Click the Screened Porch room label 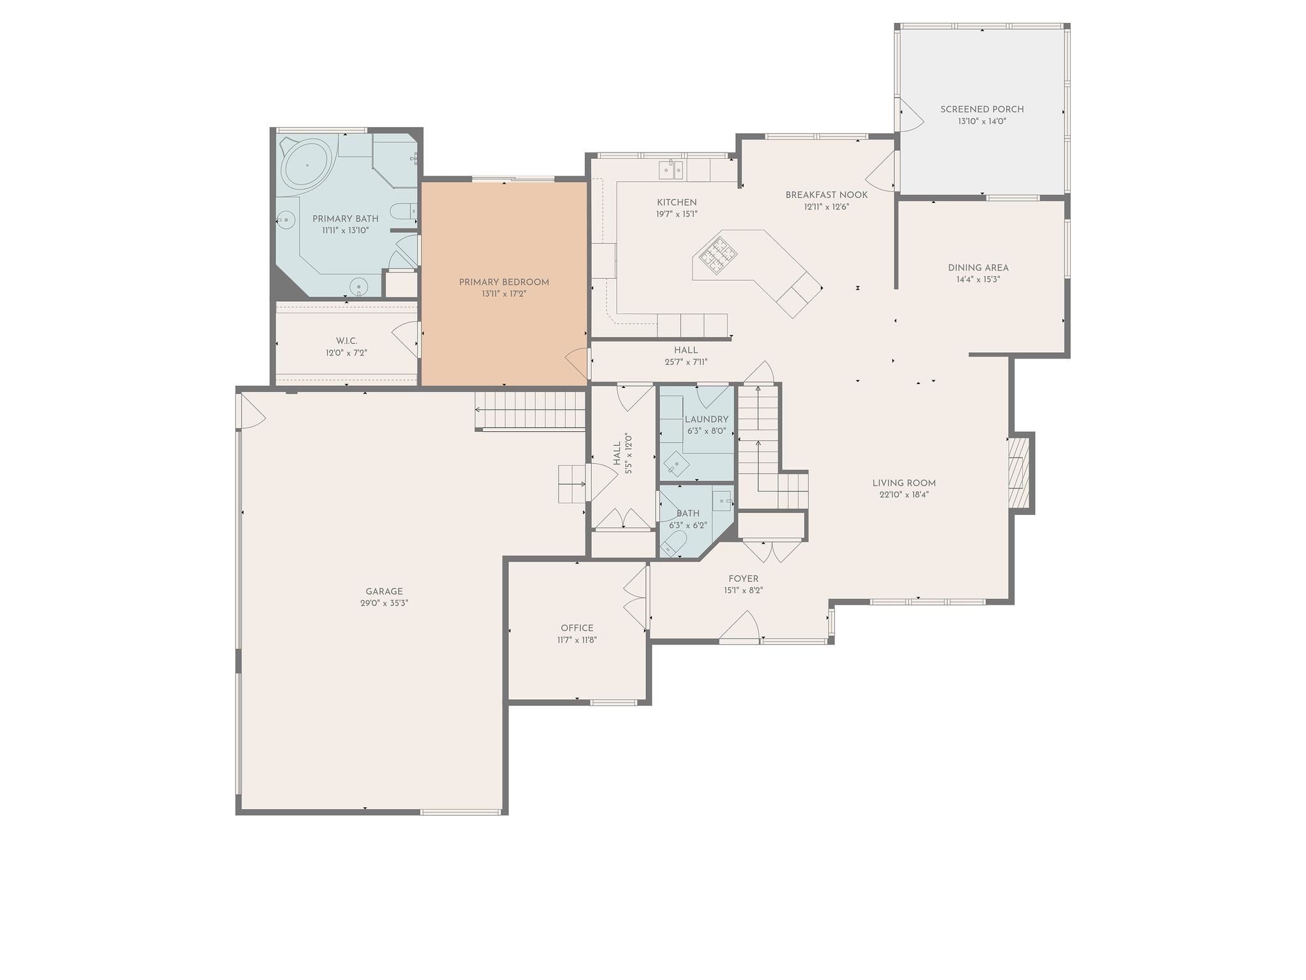[982, 109]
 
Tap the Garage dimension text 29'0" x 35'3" [384, 603]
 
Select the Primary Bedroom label [504, 282]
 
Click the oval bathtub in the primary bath [307, 165]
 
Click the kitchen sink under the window [670, 170]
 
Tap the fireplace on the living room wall [1020, 473]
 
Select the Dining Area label [978, 268]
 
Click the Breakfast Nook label [826, 195]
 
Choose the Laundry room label [707, 419]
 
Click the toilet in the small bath [673, 544]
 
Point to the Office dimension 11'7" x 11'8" [577, 640]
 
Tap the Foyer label [744, 579]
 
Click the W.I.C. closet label [346, 341]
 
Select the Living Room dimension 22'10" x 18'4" [904, 494]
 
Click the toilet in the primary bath [402, 211]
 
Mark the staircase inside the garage [531, 410]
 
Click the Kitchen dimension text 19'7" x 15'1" [677, 214]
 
